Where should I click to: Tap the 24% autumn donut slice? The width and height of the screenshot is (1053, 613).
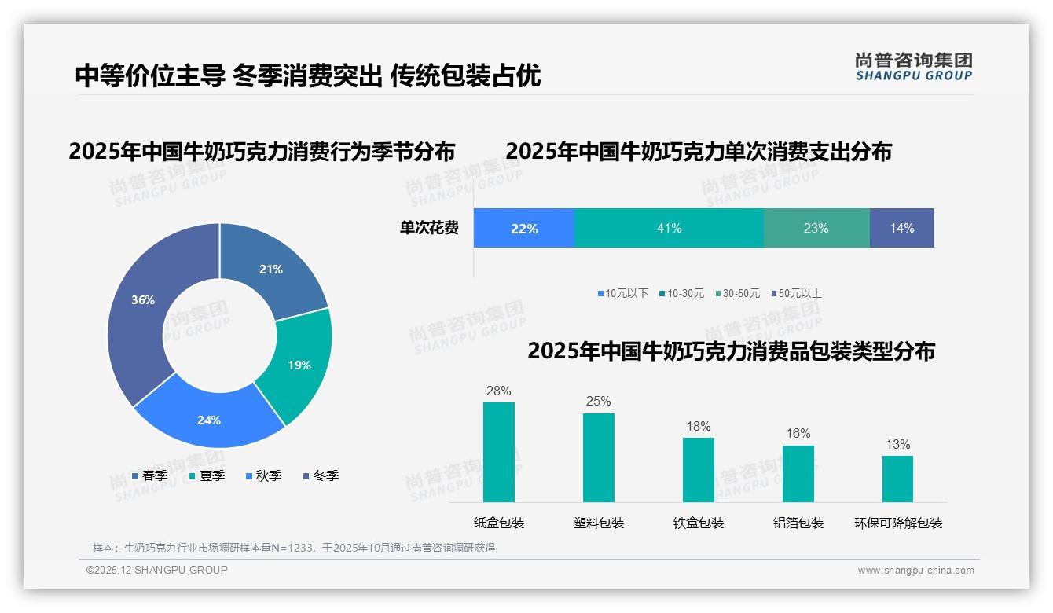click(209, 418)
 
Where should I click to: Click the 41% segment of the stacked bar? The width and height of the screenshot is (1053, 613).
click(669, 228)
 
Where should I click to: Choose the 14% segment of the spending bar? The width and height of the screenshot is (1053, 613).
click(901, 228)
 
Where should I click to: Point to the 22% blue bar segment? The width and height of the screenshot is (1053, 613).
click(523, 228)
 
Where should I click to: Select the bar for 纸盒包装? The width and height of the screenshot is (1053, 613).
click(498, 452)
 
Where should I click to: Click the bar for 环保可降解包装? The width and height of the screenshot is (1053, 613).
click(897, 479)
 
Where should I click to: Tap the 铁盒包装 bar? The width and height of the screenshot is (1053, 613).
click(698, 469)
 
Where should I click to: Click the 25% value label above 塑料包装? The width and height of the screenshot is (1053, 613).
click(598, 401)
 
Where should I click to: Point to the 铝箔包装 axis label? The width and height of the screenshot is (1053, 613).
click(798, 523)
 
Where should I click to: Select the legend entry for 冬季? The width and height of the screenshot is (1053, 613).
click(321, 475)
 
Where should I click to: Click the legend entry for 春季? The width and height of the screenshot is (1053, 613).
click(149, 475)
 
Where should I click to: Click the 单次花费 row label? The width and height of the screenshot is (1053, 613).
click(429, 228)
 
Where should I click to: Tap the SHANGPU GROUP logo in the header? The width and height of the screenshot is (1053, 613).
click(913, 67)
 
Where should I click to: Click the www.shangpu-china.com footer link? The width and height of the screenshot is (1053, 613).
click(915, 570)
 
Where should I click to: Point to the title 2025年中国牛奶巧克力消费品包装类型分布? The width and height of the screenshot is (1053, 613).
click(731, 351)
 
